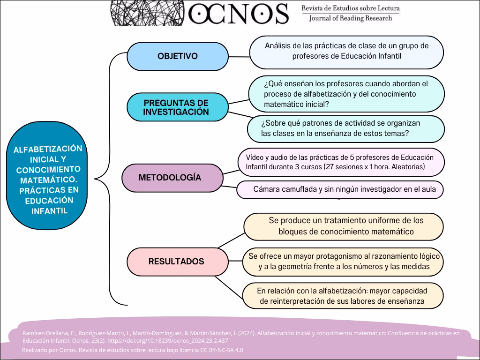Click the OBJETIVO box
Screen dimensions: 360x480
coord(177,56)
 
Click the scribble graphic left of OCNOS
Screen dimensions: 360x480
coord(147,12)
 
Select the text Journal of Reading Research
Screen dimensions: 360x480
coord(351,18)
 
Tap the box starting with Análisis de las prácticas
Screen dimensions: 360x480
coord(346,52)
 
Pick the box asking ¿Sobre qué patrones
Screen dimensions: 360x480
coord(346,128)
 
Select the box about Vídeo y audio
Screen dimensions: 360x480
coord(341,162)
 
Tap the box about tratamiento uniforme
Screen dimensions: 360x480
coord(344,226)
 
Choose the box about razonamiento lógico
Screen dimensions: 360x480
coord(344,262)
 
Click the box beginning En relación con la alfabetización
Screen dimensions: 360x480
coord(342,296)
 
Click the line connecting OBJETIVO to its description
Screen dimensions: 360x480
coord(239,57)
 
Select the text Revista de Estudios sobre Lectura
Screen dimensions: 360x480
coord(351,8)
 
